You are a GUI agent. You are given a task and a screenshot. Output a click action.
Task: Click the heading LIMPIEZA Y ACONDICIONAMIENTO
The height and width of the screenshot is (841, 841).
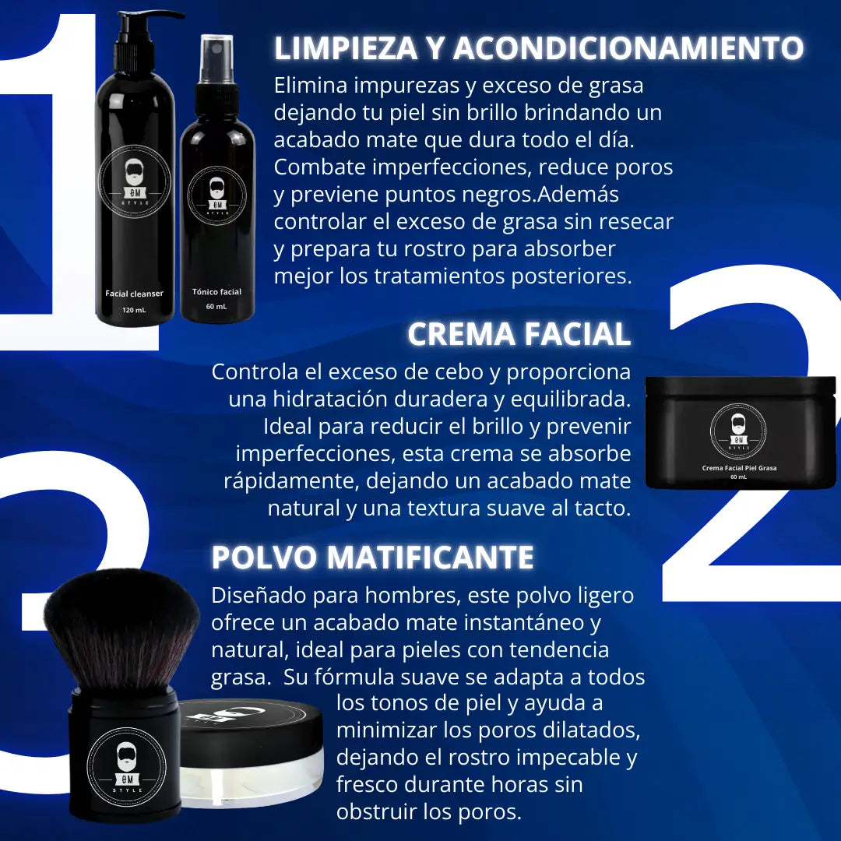[x=539, y=48]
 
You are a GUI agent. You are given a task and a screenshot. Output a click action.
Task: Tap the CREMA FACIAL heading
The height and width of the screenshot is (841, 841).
[x=519, y=334]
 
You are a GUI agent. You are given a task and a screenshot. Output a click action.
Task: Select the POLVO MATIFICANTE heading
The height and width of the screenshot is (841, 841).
[x=372, y=557]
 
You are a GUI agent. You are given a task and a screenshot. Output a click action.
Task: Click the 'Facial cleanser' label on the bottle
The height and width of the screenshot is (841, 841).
[x=134, y=294]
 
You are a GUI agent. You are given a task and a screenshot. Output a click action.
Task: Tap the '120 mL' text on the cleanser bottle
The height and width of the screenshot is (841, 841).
[x=134, y=310]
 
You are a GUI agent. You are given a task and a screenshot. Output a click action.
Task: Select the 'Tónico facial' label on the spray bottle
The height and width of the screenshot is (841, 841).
[x=216, y=292]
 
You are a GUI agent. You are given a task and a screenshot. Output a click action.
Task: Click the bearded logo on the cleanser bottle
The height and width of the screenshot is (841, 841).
[x=134, y=181]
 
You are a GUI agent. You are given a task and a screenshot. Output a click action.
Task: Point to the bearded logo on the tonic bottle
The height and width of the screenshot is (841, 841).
[x=216, y=195]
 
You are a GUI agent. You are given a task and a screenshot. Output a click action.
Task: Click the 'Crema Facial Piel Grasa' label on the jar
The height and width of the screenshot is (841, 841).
[x=739, y=468]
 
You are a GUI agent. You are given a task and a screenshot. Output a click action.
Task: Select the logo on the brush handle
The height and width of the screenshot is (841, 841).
[x=127, y=767]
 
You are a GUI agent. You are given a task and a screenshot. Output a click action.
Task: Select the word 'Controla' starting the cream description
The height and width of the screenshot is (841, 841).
[x=255, y=371]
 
